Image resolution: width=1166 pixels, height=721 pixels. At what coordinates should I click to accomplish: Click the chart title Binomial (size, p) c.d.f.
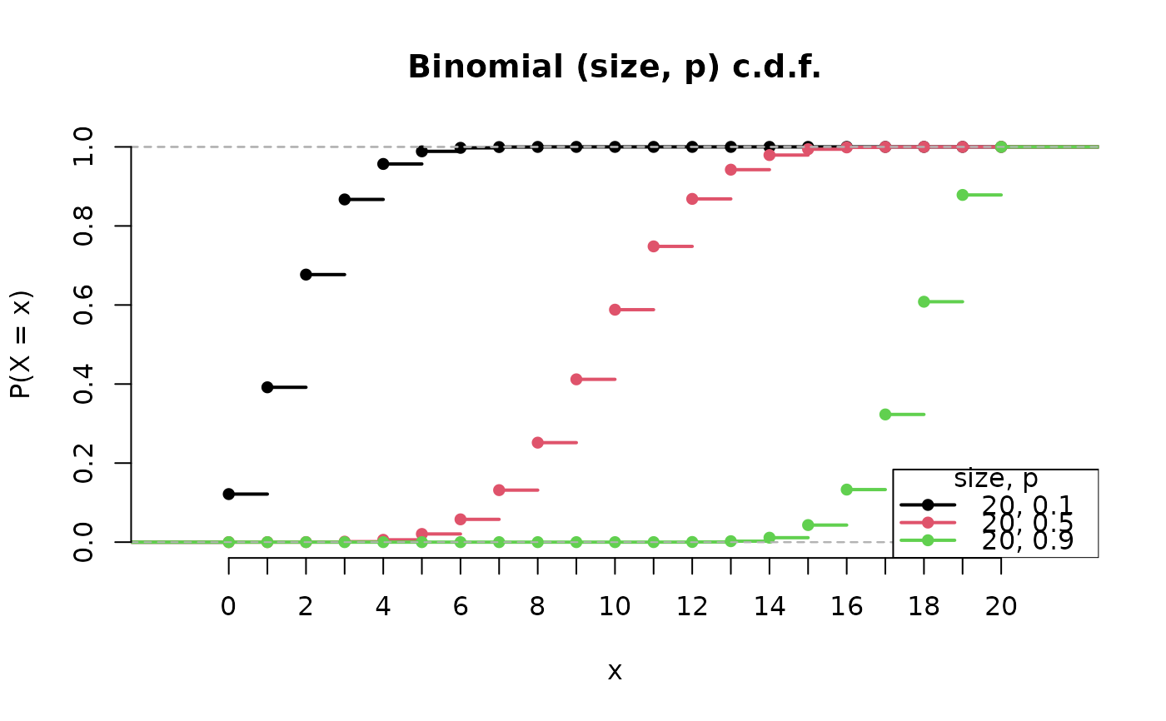click(x=615, y=67)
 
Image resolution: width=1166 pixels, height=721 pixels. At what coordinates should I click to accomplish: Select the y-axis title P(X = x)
click(x=22, y=344)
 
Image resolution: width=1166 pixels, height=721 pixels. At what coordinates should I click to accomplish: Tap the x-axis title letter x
click(x=615, y=671)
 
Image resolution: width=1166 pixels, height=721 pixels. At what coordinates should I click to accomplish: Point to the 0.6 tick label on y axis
click(x=83, y=305)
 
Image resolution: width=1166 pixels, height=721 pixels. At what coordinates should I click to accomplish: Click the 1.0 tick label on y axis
click(x=83, y=147)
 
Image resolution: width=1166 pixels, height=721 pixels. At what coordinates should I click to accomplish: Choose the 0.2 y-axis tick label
click(x=83, y=463)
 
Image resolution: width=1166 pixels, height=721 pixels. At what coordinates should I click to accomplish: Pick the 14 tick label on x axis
click(x=770, y=607)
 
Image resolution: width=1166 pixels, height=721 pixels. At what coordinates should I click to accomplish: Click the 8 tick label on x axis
click(x=537, y=607)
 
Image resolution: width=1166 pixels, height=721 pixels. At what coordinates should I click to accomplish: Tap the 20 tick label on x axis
click(x=1001, y=607)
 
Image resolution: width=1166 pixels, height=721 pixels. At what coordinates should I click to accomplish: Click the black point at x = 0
click(x=229, y=494)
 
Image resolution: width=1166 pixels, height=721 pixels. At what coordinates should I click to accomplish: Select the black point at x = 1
click(x=267, y=387)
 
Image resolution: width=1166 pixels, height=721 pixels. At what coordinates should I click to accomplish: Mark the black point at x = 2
click(x=306, y=275)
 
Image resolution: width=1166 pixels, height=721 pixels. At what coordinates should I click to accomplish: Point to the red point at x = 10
click(x=615, y=310)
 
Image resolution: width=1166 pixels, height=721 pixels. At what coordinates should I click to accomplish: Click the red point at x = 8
click(x=537, y=443)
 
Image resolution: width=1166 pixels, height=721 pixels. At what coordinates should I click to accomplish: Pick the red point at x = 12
click(x=692, y=199)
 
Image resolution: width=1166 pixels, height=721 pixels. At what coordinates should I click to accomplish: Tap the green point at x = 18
click(x=924, y=301)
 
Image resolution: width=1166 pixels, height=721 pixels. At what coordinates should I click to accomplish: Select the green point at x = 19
click(x=963, y=195)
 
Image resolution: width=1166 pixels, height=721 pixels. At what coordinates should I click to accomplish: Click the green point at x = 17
click(x=885, y=415)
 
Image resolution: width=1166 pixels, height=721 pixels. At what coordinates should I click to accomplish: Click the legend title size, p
click(x=995, y=479)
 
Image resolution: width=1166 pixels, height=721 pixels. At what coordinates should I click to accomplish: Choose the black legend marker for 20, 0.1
click(x=928, y=505)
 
